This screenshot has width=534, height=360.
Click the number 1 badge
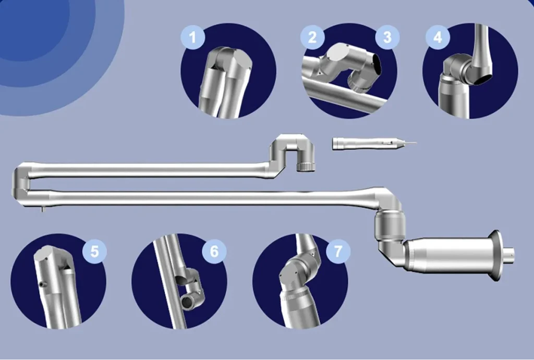coord(193,37)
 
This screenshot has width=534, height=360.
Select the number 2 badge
coord(312,37)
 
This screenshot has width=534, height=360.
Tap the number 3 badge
coord(387,37)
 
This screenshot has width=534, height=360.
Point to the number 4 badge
coord(438,37)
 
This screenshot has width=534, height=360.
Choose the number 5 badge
coord(94,251)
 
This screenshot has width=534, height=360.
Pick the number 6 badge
coord(214,251)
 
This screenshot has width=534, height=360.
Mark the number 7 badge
coord(338,251)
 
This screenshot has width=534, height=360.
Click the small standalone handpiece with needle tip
coord(373,143)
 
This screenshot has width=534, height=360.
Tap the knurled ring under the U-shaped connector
coord(306,167)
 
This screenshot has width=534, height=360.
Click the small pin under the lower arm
coord(42,209)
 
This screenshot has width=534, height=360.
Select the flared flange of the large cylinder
coord(496,256)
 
